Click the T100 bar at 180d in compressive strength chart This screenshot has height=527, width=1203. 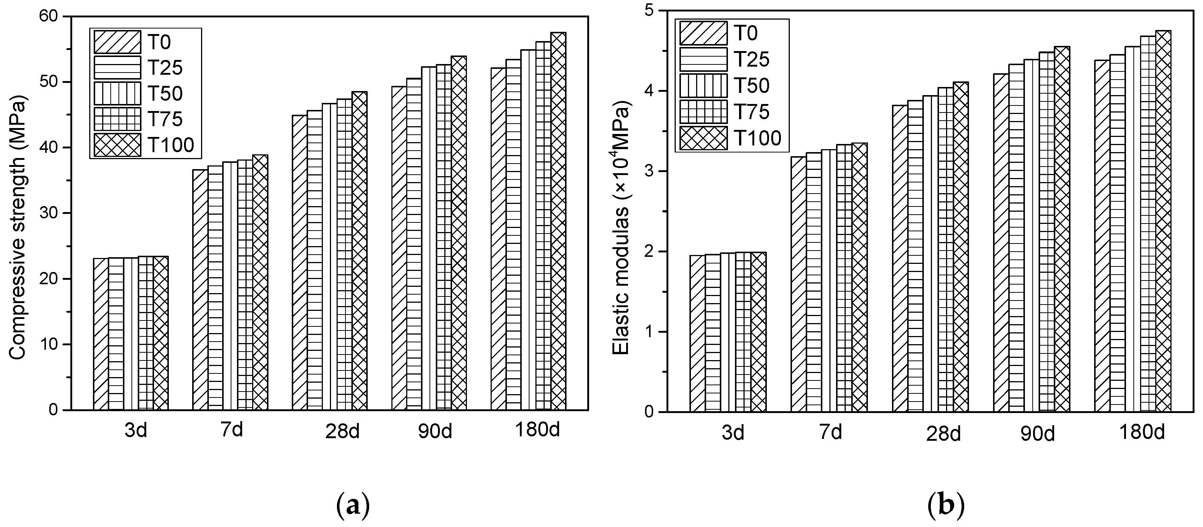coord(558,221)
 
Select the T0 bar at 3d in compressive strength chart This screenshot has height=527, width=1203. coord(101,334)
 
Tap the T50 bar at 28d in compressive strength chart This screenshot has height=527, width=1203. coord(329,257)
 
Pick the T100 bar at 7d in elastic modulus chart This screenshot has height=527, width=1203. coord(860,277)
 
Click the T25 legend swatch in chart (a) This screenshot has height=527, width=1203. coord(117,68)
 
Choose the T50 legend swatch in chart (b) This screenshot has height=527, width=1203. coord(703,85)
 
